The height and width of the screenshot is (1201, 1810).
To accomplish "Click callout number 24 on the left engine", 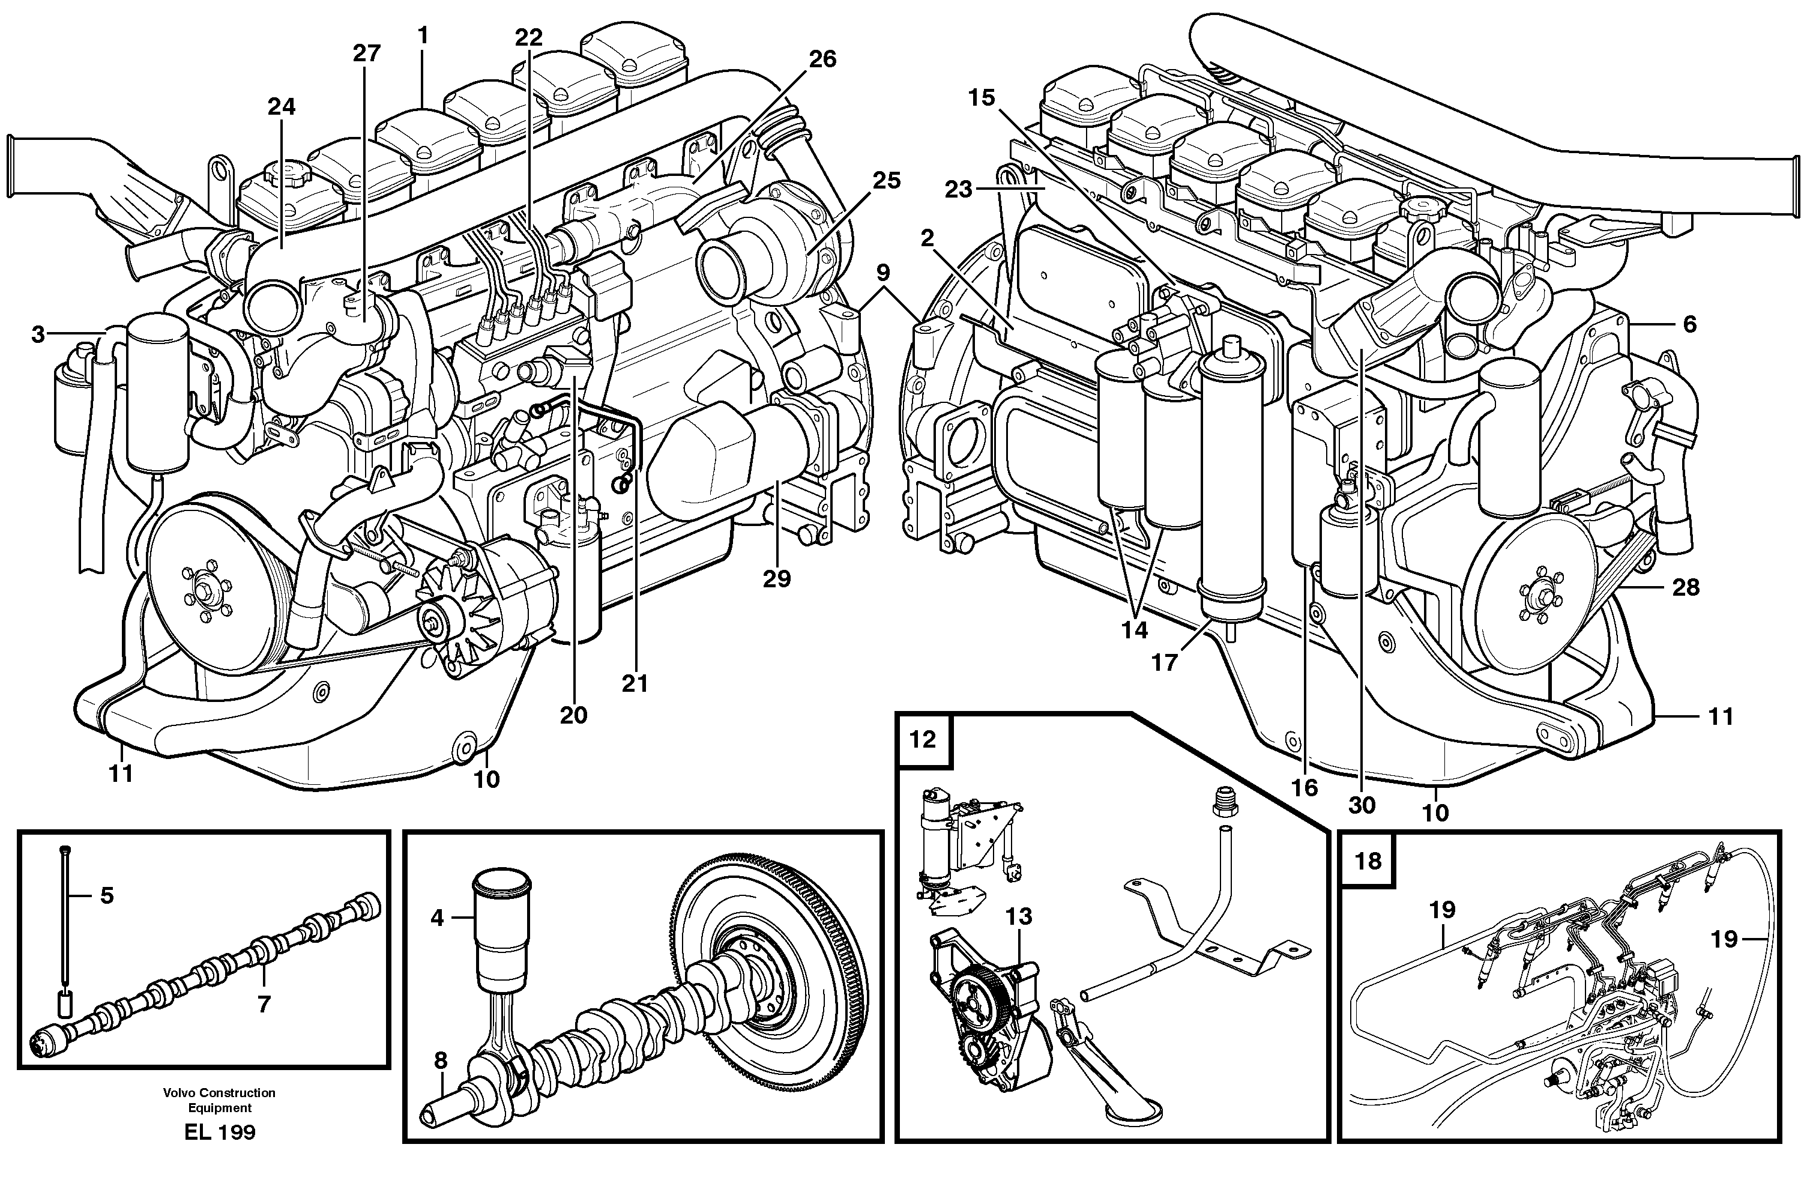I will coord(281,106).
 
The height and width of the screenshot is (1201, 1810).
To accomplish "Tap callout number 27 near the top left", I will coord(366,53).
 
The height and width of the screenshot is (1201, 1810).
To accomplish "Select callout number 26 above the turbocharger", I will coord(822,59).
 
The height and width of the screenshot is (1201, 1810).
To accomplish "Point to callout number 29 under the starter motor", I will coord(776,579).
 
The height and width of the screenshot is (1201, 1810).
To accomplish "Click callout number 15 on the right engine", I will coord(981,97).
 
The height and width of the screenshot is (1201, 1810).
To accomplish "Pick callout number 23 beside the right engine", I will coord(958,189).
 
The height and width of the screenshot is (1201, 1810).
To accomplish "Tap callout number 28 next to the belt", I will coord(1686,587).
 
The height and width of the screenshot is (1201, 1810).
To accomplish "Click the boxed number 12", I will coord(923,740).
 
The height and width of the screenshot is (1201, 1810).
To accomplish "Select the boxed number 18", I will coord(1368,861).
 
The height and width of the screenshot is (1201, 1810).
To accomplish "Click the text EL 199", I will coord(220,1132).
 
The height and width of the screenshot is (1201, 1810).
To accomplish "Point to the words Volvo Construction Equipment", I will coord(219,1100).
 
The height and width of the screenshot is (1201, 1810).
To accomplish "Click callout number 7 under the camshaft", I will coord(264,1005).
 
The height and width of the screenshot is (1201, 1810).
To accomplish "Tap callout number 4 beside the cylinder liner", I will coord(437,917).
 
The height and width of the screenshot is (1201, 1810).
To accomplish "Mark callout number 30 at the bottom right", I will coord(1362,805).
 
